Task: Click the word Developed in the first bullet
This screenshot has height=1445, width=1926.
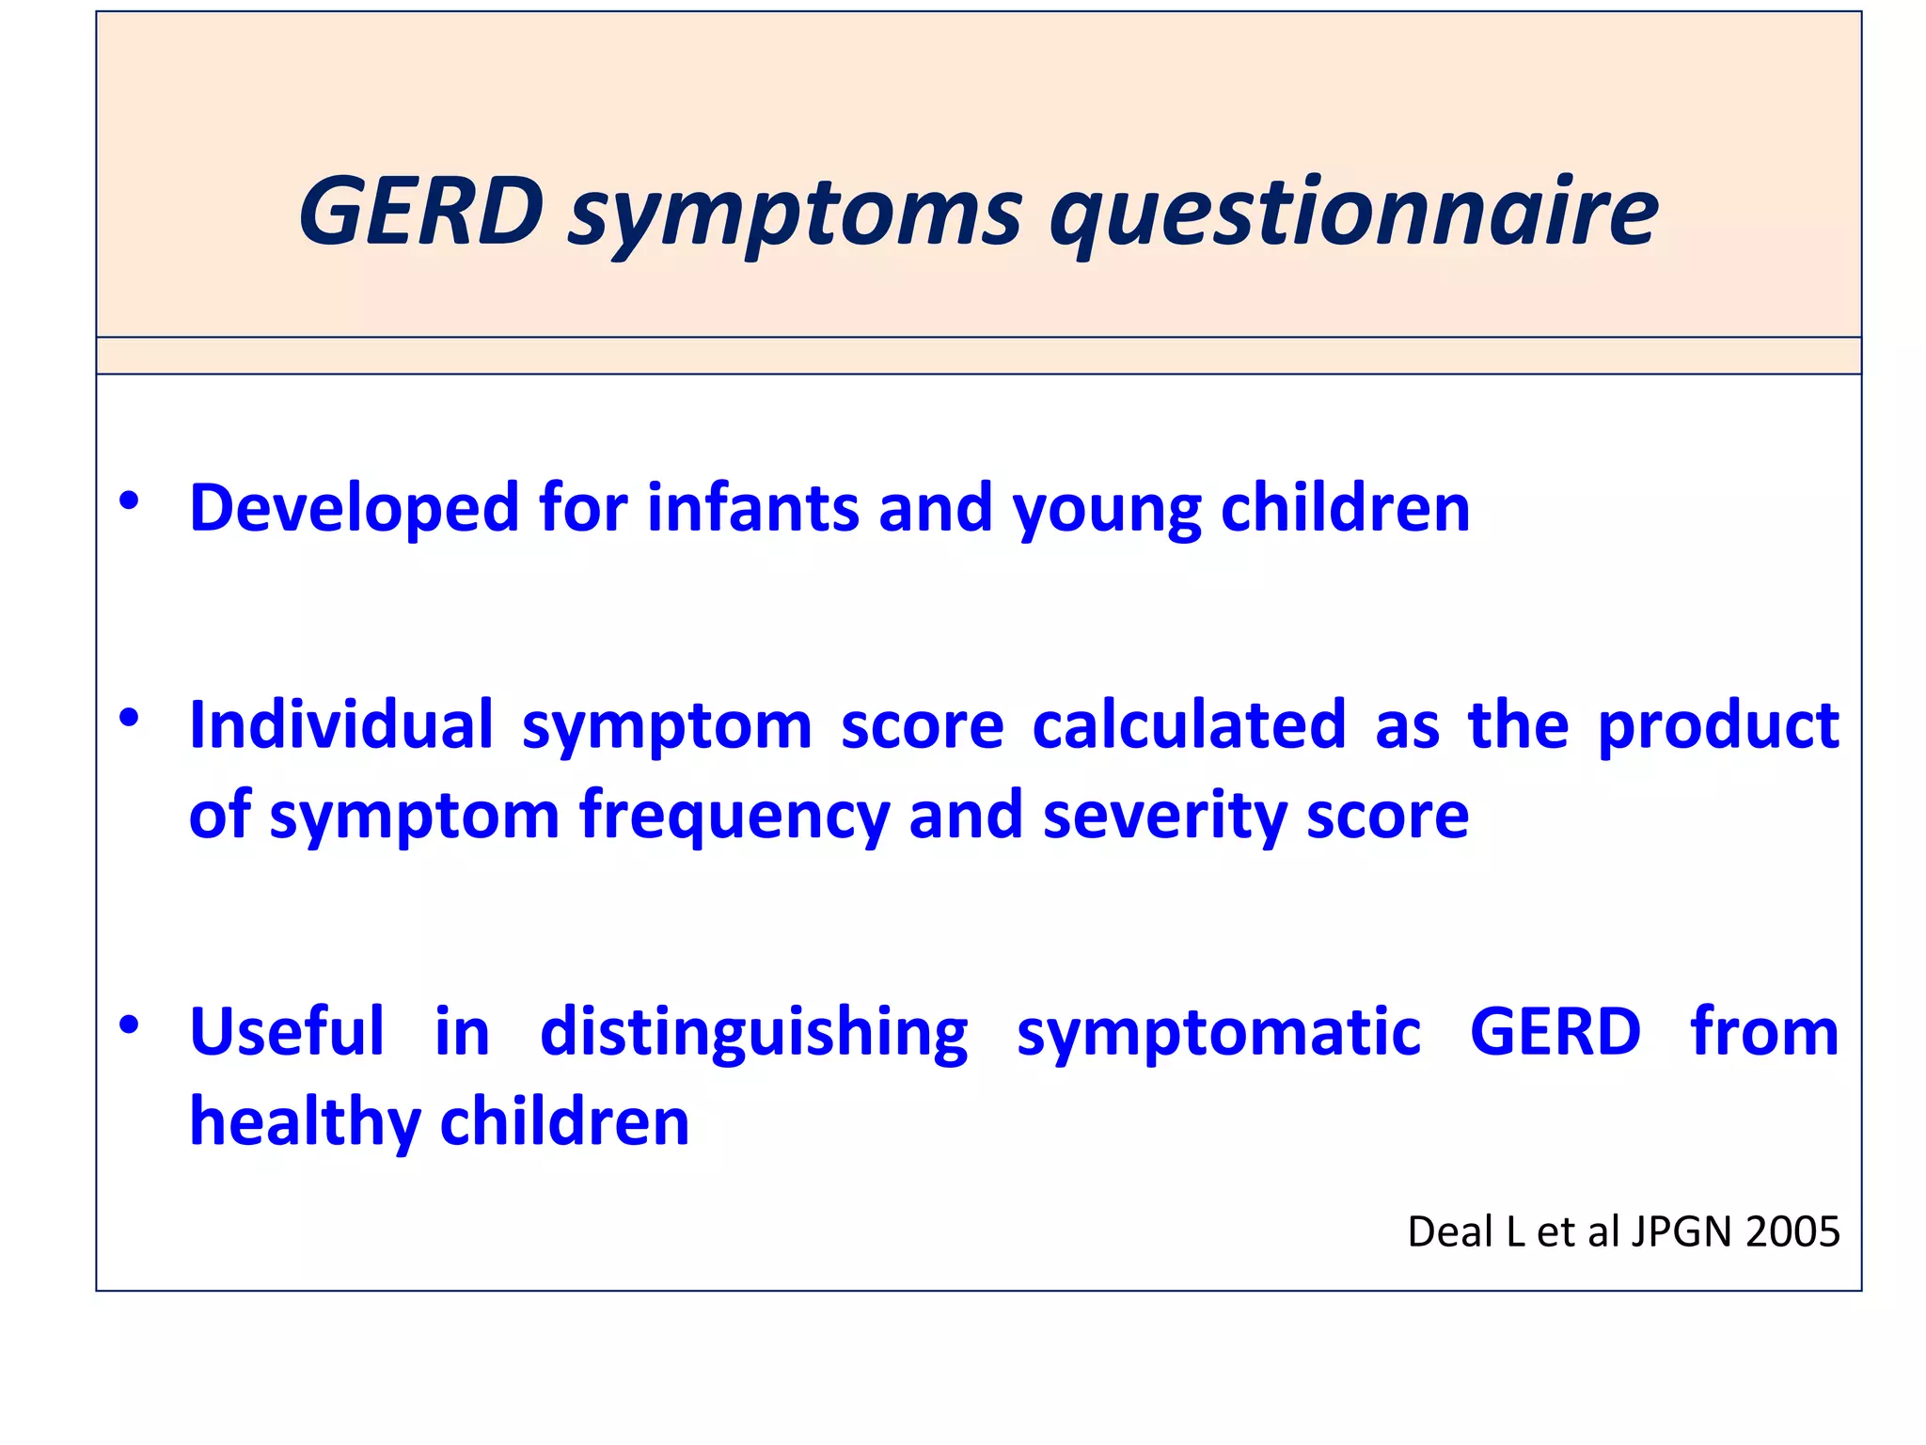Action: coord(354,509)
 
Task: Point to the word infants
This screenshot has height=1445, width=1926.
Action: coord(751,509)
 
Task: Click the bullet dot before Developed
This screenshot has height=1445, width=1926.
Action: coord(129,500)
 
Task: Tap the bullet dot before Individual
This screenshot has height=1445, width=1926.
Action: coord(129,719)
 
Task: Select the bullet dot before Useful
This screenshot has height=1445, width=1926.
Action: coord(129,1024)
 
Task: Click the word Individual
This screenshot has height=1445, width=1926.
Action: coord(340,725)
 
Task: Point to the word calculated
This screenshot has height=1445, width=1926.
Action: coord(1189,725)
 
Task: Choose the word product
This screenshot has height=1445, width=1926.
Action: coord(1717,727)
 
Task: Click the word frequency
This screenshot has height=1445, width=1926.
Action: coord(734,817)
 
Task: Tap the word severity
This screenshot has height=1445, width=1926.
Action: coord(1164,817)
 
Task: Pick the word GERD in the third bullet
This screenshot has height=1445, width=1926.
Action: coord(1555,1032)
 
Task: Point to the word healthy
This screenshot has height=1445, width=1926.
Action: coord(305,1123)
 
